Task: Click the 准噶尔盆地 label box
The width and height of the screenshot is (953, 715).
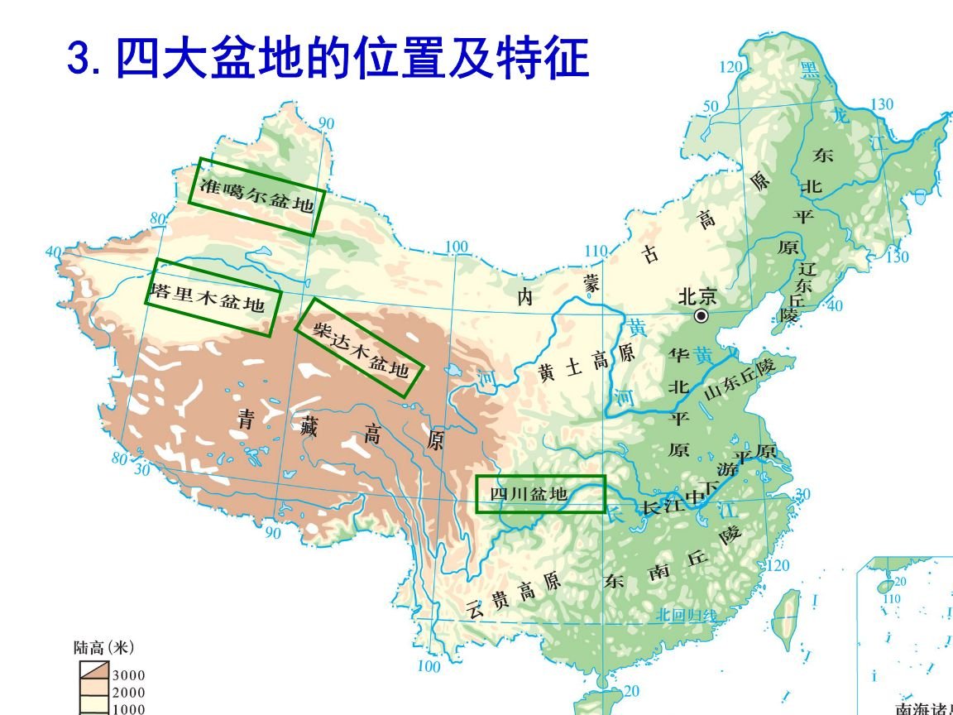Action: pyautogui.click(x=256, y=197)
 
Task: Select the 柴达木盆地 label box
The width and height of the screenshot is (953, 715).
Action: pyautogui.click(x=360, y=348)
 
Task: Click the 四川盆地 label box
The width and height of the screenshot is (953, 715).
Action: pyautogui.click(x=541, y=494)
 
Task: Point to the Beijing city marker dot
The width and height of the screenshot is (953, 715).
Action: pyautogui.click(x=702, y=315)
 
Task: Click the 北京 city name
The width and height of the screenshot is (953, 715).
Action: pyautogui.click(x=697, y=296)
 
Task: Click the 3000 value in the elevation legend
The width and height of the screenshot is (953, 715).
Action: pyautogui.click(x=128, y=676)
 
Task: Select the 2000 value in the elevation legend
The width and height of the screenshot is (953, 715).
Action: pyautogui.click(x=128, y=693)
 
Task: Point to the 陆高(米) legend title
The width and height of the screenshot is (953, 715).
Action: pyautogui.click(x=104, y=647)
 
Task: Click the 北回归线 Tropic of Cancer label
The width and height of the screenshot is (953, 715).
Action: pyautogui.click(x=687, y=615)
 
